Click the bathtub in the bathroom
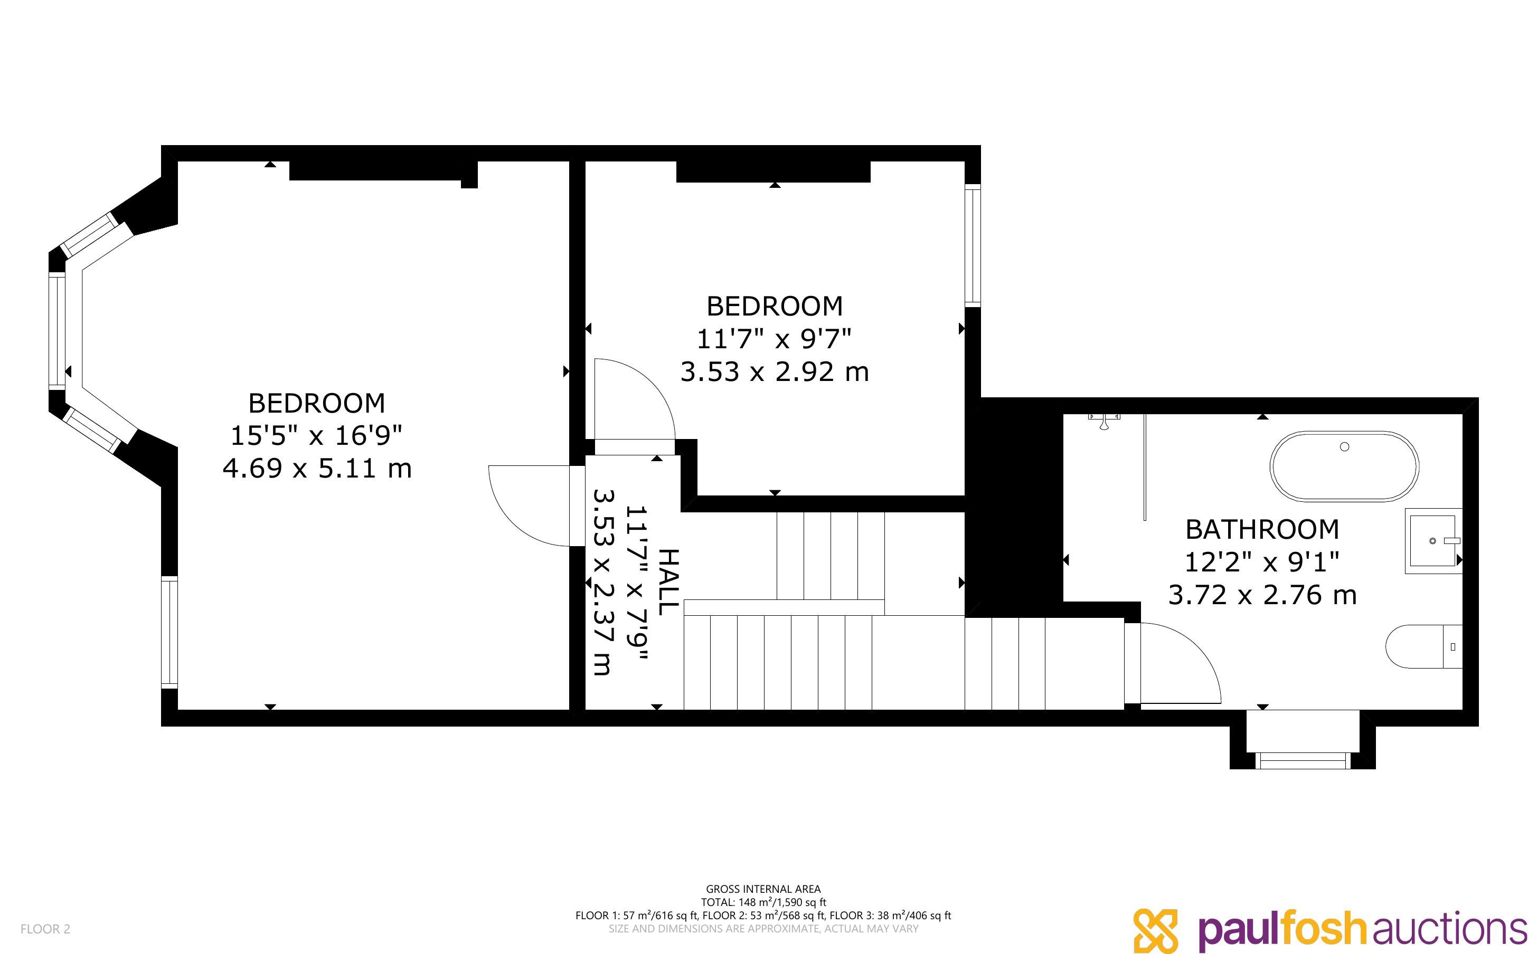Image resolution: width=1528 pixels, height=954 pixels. click(1344, 466)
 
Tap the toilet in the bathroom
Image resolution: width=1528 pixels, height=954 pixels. click(1424, 647)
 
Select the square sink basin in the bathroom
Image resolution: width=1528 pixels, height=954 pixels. click(1432, 541)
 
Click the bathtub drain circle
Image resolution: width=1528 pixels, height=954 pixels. click(1344, 447)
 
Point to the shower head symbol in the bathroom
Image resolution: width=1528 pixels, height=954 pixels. click(1104, 422)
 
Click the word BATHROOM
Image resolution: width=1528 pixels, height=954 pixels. click(1262, 529)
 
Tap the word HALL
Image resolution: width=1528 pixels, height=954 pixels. click(668, 581)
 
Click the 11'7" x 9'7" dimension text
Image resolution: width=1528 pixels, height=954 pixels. click(775, 339)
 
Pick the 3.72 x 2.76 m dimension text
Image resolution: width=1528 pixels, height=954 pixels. click(1262, 595)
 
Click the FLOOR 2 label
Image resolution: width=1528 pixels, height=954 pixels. click(45, 929)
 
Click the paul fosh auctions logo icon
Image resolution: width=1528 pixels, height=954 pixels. click(1156, 930)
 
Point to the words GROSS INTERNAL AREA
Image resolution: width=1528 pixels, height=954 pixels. click(763, 889)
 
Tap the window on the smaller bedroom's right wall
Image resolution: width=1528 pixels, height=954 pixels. click(973, 245)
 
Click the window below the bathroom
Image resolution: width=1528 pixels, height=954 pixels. click(1303, 760)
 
